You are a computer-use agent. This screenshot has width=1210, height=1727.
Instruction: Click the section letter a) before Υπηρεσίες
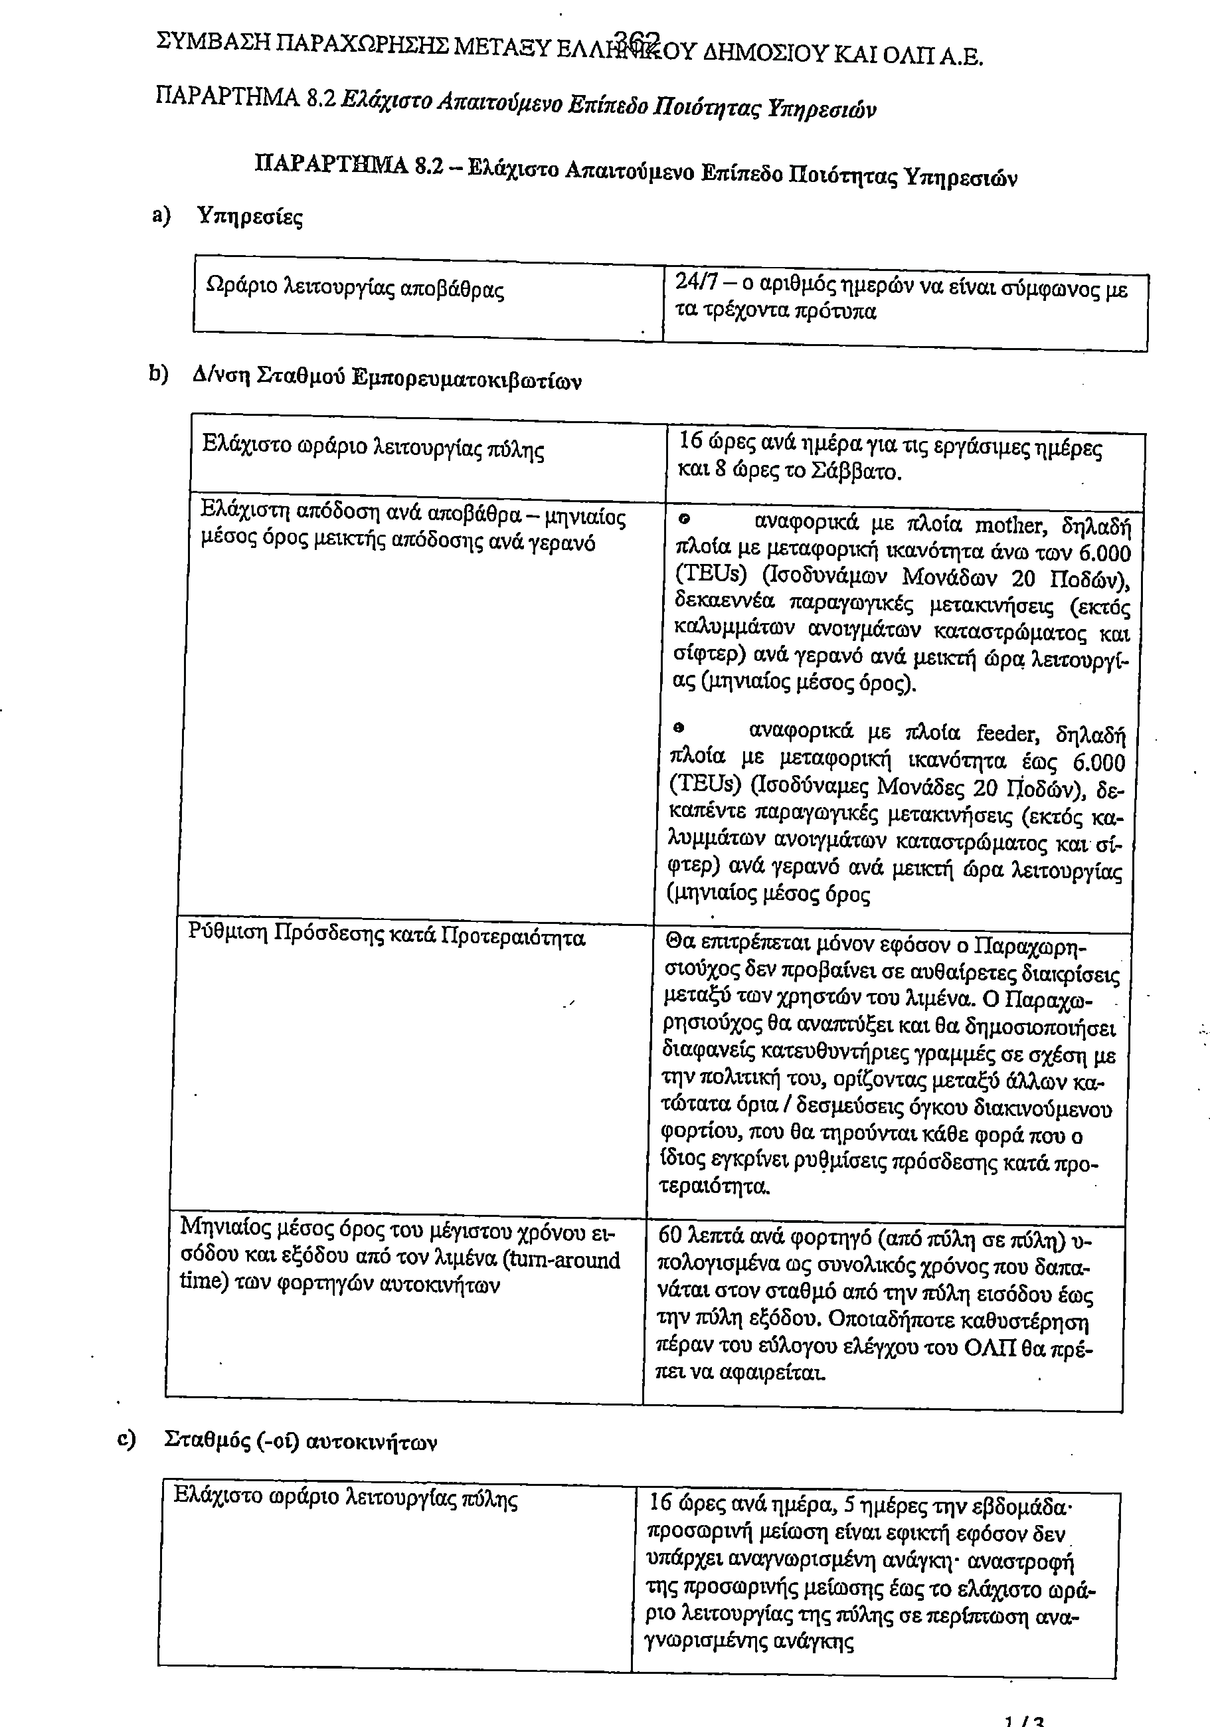tap(161, 216)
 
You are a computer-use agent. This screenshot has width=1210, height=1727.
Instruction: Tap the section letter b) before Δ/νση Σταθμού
tap(158, 374)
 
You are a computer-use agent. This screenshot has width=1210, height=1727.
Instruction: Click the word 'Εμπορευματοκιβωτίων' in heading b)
tap(466, 380)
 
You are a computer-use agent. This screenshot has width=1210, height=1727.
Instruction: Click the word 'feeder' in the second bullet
tap(1009, 733)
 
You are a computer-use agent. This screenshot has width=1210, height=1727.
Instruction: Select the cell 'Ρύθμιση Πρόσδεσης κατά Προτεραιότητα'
tap(387, 937)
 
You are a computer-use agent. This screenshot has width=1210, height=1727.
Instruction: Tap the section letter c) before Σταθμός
tap(126, 1439)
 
